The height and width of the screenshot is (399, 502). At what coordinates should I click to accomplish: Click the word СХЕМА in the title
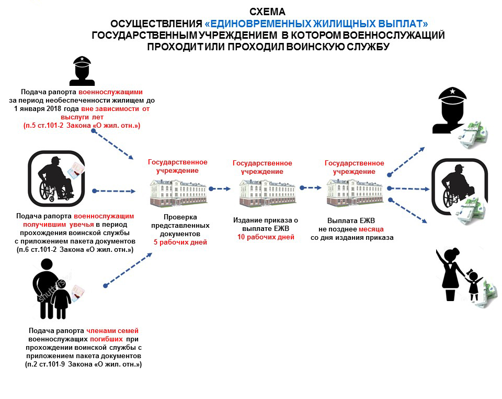267,12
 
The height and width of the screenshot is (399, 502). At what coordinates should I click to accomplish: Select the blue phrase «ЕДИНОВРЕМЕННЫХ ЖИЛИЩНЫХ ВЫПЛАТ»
316,24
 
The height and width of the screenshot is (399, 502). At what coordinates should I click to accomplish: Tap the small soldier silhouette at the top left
82,71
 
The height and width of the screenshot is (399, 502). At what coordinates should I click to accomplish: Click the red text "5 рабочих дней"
180,242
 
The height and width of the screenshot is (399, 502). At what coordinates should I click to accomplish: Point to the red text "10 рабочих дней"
266,237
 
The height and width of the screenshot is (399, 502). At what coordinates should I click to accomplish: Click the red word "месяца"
371,229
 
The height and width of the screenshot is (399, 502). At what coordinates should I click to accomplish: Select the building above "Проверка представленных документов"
178,192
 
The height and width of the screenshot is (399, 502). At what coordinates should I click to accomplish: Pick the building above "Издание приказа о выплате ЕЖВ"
267,192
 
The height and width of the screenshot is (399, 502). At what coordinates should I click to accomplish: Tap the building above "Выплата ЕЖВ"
355,192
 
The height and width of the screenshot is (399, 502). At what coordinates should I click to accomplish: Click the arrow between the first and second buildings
220,189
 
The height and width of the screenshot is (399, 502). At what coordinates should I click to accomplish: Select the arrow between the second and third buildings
311,188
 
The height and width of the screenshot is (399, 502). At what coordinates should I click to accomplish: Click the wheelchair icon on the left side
56,179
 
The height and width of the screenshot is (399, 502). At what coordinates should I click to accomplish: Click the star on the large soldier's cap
452,91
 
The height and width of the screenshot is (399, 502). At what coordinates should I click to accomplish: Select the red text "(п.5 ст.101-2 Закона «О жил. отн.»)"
82,126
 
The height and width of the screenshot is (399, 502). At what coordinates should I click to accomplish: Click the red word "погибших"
106,339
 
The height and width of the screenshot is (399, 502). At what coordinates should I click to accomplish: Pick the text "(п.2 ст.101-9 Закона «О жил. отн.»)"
83,364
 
